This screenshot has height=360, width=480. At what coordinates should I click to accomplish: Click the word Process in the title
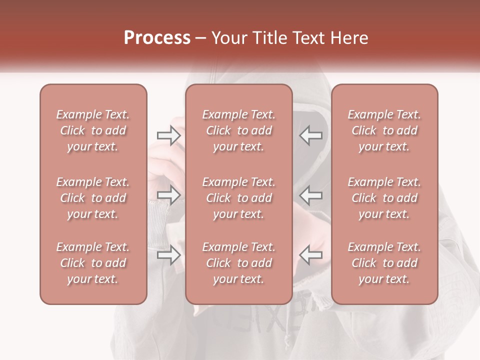(x=157, y=38)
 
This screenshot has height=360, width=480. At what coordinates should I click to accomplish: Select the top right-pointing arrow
(x=168, y=135)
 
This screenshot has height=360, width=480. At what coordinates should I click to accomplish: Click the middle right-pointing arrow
(x=168, y=195)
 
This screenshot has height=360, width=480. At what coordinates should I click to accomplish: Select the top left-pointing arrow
(x=310, y=135)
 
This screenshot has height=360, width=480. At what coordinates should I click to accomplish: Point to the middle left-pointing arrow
(x=310, y=195)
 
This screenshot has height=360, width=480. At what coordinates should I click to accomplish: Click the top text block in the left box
(x=93, y=130)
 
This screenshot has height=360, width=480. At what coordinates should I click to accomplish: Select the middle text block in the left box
(x=93, y=198)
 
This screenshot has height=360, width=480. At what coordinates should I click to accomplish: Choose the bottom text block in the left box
(x=93, y=263)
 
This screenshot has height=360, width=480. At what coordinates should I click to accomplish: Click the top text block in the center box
(x=239, y=130)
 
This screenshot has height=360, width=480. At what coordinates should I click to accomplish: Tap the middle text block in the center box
(x=239, y=198)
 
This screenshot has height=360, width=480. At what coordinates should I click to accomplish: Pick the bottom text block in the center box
(x=239, y=263)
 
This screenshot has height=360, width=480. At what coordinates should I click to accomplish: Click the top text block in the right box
(x=384, y=130)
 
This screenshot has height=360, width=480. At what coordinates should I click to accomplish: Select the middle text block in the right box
(x=384, y=198)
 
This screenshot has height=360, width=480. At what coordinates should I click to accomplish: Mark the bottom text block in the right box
(x=384, y=263)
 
